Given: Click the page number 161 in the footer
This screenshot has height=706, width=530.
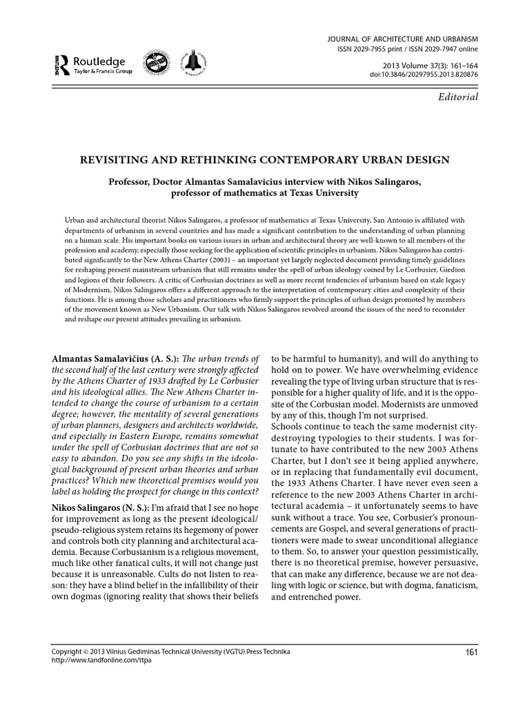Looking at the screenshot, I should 468,653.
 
